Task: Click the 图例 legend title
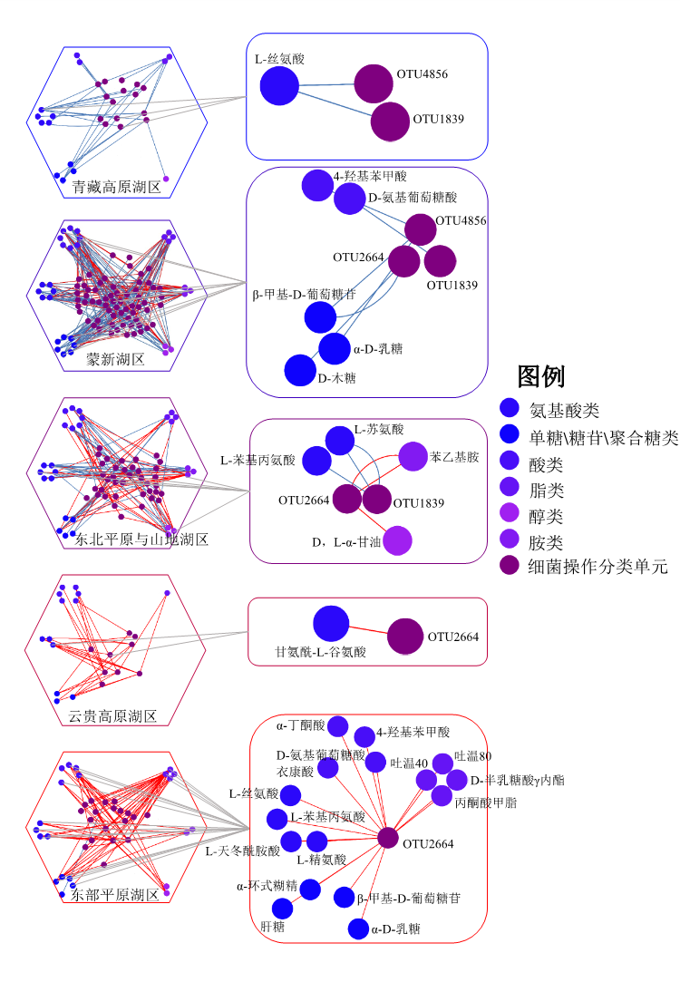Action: [x=540, y=376]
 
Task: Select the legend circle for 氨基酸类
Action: [x=510, y=409]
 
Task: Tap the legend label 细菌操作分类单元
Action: [x=598, y=567]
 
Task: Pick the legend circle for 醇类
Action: [x=510, y=516]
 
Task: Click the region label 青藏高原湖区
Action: [x=117, y=188]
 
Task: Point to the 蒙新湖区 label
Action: [x=115, y=359]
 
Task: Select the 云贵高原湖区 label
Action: [x=112, y=716]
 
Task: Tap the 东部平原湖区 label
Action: [x=115, y=896]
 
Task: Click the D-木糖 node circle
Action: [x=299, y=370]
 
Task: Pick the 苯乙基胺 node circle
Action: [x=413, y=457]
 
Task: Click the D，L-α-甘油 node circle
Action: [x=397, y=540]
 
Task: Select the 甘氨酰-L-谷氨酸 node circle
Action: [x=331, y=623]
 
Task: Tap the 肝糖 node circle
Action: [x=282, y=909]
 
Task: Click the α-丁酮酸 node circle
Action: [x=337, y=725]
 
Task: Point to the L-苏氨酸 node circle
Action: [x=340, y=441]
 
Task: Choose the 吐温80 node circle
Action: [x=442, y=763]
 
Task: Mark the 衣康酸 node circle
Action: [x=327, y=768]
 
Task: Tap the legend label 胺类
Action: [x=546, y=542]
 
